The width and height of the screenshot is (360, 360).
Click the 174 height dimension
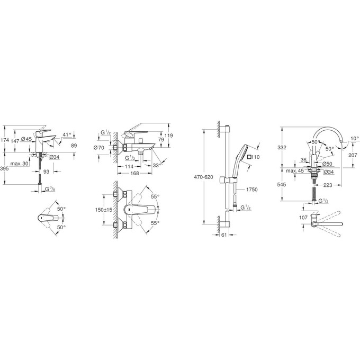click(5, 140)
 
